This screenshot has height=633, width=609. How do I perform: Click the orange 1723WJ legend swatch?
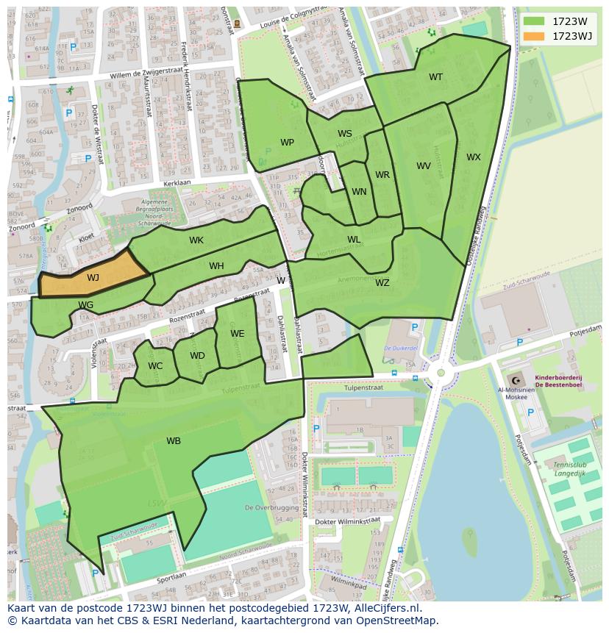534,36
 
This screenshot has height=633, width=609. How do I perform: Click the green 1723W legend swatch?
534,22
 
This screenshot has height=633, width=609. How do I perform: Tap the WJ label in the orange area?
93,278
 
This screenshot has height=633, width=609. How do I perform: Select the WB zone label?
174,441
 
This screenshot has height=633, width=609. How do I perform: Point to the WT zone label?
436,77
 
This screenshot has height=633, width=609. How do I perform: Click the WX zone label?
474,157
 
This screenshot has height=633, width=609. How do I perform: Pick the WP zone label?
287,143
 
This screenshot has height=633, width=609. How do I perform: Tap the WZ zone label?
382,283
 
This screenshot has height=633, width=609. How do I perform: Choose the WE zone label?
237,334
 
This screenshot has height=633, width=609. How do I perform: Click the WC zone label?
155,366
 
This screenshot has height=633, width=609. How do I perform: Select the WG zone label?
85,305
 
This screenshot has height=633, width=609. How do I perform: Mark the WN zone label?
359,192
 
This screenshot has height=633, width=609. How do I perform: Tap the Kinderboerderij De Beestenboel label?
558,380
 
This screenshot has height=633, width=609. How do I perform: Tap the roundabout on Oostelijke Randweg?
441,373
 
